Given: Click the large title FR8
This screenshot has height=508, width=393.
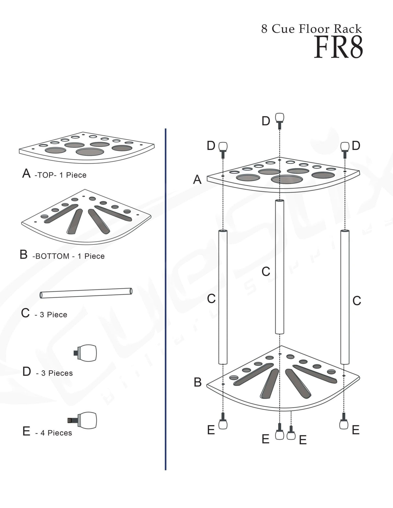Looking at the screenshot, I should click(x=338, y=48).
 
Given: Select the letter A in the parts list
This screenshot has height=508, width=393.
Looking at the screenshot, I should click(x=26, y=174).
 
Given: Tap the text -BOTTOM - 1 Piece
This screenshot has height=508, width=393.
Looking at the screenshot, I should click(x=68, y=256).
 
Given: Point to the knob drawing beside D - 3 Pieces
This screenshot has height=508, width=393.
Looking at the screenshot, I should click(x=86, y=353).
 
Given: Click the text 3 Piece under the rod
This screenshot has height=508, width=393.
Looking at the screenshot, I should click(x=53, y=315).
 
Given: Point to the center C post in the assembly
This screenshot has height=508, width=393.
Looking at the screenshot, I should click(x=280, y=267).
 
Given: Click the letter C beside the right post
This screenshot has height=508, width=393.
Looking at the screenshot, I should click(x=357, y=301).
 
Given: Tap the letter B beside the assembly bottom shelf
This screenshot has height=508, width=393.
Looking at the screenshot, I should click(x=197, y=382).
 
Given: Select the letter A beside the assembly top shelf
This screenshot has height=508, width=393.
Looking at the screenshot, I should click(x=197, y=179).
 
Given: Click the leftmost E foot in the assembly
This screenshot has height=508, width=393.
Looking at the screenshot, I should click(x=223, y=422).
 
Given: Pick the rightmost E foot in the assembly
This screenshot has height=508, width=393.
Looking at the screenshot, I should click(x=344, y=422).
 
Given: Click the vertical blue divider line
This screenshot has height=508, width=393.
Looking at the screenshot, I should click(x=165, y=299).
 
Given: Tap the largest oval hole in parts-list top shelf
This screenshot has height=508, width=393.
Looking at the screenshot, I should click(x=90, y=152).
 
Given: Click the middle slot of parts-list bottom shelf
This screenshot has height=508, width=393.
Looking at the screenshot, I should click(x=75, y=221).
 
